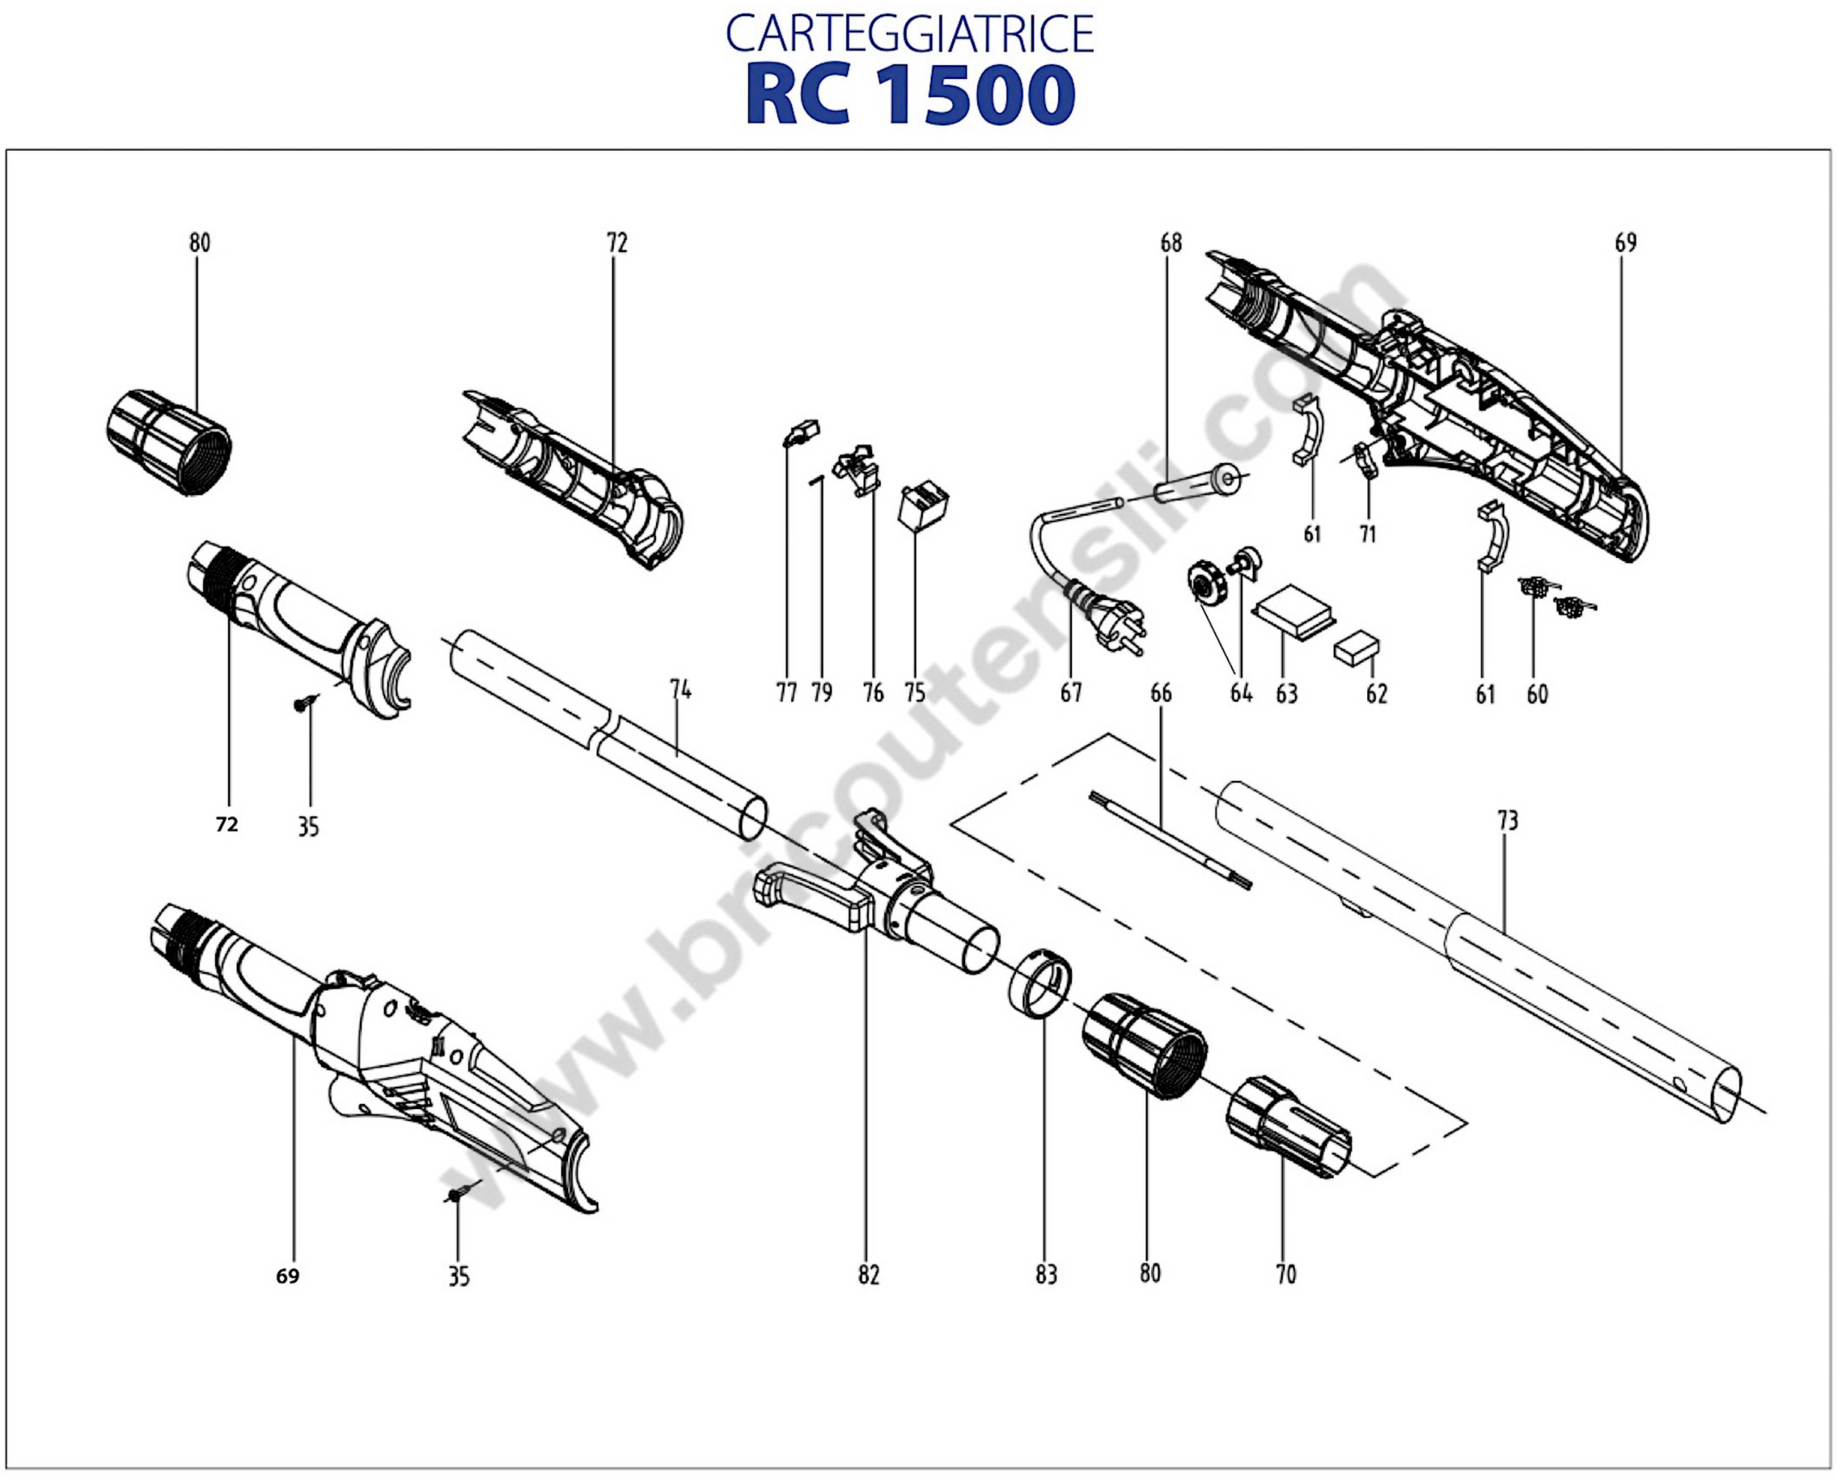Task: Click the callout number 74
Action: [680, 689]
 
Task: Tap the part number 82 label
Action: [869, 1275]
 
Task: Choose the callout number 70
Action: [1286, 1275]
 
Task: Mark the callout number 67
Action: [1071, 693]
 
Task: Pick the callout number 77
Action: [786, 693]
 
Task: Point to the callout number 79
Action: [822, 693]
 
